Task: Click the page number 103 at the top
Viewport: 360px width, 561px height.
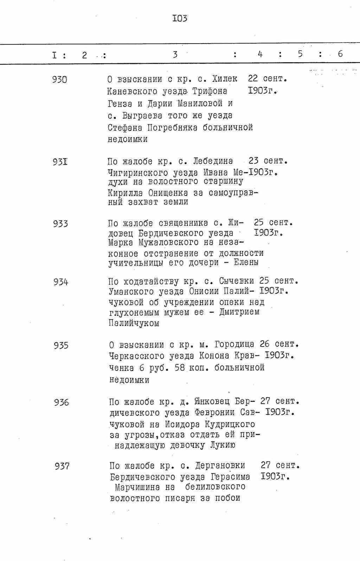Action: tap(179, 18)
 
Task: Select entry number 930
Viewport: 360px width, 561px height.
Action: tap(59, 80)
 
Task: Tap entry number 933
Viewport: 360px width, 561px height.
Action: tap(60, 224)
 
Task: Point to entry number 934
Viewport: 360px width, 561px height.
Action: tap(61, 282)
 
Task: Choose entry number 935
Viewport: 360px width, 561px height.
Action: tap(61, 346)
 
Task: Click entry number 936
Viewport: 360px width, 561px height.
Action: tap(62, 402)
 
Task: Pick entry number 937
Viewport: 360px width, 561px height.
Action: tap(62, 466)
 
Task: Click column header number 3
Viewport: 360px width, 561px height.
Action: tap(175, 54)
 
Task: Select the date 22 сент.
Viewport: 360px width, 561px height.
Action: tap(268, 79)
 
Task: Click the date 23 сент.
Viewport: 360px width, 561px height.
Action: tap(268, 161)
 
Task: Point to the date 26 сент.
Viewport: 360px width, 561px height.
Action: tap(279, 344)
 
